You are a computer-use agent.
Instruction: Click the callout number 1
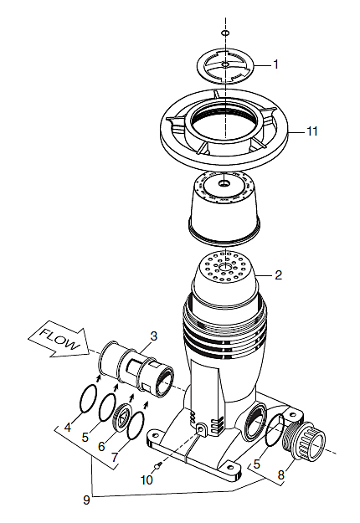point(275,64)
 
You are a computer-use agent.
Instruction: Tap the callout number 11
point(312,131)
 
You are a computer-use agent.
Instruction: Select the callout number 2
point(278,274)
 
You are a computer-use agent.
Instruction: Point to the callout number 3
point(153,336)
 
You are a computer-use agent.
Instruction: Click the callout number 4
point(68,427)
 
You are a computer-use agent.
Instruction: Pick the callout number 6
point(101,446)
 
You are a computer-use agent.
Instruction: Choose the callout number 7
point(115,457)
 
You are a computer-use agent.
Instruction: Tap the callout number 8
point(281,474)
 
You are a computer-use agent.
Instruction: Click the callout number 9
point(86,500)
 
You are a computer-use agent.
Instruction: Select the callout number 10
point(147,479)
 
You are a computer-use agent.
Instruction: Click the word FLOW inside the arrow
point(60,338)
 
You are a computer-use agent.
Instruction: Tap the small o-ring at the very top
point(225,33)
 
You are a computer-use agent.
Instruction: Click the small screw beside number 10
point(159,464)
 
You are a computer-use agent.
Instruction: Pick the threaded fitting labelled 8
point(304,438)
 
